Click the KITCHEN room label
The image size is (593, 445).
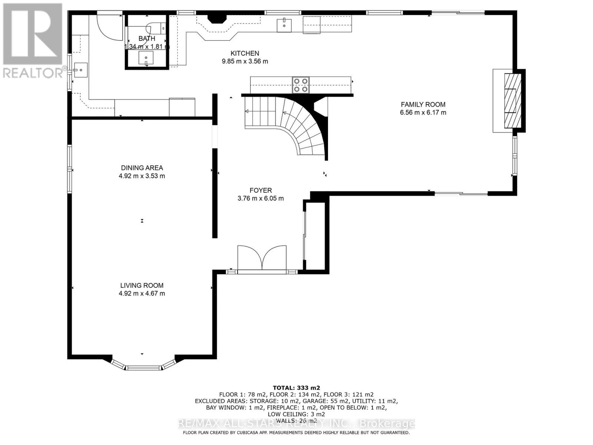coord(245,53)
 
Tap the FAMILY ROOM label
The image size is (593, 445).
coord(423,105)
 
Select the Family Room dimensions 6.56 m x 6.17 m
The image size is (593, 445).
coord(423,112)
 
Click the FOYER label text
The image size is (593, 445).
coord(261,190)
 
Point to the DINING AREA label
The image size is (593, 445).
coord(142,168)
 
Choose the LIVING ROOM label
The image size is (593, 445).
coord(142,285)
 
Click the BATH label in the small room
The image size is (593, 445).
coord(147,39)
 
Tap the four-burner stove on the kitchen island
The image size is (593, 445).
coord(301,84)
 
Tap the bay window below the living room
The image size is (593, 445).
coord(143,367)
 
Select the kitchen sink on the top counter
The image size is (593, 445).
coord(284,25)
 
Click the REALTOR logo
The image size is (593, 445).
coord(32,41)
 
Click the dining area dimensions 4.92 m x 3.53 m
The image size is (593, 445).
coord(142,176)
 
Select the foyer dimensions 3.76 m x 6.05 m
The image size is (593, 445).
coord(261,198)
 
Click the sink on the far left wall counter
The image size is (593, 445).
coord(80,70)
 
